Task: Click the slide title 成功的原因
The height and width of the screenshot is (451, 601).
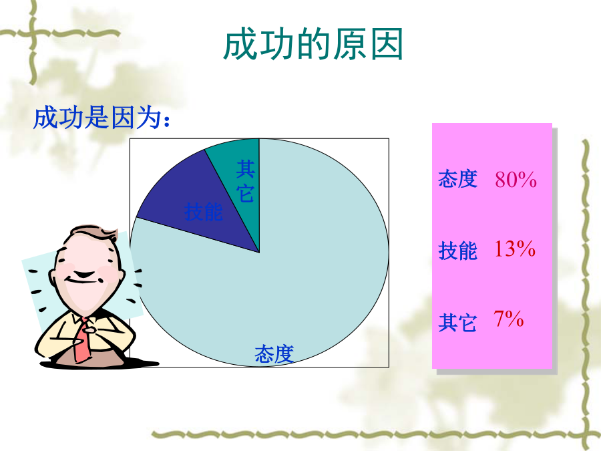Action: (x=313, y=44)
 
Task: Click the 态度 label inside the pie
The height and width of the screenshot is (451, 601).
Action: (x=274, y=353)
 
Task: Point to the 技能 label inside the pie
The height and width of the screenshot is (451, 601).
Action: (x=203, y=211)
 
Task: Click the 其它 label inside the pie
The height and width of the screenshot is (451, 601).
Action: (x=245, y=181)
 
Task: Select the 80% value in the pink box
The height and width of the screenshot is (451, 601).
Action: (x=516, y=180)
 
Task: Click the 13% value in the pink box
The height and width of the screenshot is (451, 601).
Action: (x=514, y=249)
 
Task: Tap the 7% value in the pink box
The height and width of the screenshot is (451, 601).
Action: (x=509, y=319)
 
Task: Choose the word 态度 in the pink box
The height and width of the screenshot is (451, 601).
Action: (x=457, y=179)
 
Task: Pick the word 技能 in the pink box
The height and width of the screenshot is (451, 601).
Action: (x=457, y=251)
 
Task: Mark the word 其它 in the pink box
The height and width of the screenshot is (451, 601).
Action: (x=457, y=323)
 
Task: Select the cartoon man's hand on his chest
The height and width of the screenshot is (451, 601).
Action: (x=90, y=329)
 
